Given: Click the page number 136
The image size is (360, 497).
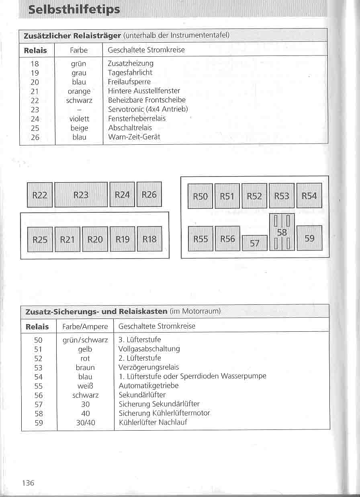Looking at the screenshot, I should pyautogui.click(x=28, y=483).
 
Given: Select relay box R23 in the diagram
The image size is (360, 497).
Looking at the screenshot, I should pyautogui.click(x=81, y=195).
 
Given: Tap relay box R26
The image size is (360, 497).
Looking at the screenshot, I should pyautogui.click(x=149, y=195).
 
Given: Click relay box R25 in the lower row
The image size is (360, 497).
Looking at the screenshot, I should pyautogui.click(x=40, y=240).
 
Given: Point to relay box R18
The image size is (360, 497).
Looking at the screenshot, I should pyautogui.click(x=149, y=239).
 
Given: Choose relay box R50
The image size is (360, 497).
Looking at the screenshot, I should pyautogui.click(x=200, y=196).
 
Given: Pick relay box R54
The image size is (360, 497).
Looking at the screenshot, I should pyautogui.click(x=309, y=196).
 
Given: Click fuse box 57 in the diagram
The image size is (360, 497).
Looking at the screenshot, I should pyautogui.click(x=255, y=243).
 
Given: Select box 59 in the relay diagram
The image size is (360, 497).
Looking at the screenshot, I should pyautogui.click(x=309, y=238).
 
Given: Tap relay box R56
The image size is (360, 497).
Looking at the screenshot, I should pyautogui.click(x=227, y=239).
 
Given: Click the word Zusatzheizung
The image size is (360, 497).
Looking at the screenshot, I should pyautogui.click(x=131, y=64).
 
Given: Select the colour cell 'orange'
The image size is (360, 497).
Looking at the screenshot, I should pyautogui.click(x=79, y=91).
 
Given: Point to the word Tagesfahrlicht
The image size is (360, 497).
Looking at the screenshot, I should pyautogui.click(x=130, y=73).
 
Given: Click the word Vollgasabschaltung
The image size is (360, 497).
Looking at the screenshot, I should pyautogui.click(x=149, y=349).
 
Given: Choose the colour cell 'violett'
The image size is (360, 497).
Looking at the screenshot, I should pyautogui.click(x=79, y=119).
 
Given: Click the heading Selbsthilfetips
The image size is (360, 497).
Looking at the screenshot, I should pyautogui.click(x=74, y=9).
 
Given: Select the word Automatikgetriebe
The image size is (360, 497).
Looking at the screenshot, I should pyautogui.click(x=149, y=386).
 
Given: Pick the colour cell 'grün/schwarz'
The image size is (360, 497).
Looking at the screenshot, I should pyautogui.click(x=85, y=340).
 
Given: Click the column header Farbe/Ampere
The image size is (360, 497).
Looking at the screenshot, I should pyautogui.click(x=85, y=327).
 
